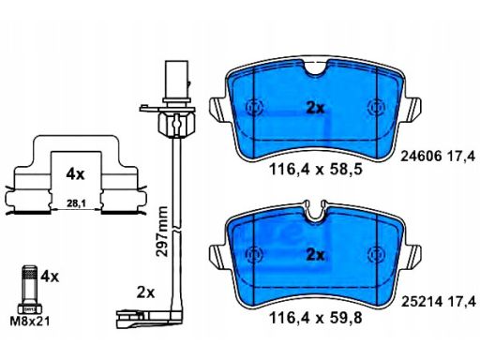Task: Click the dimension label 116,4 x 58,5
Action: [x=315, y=170]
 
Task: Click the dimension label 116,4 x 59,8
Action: [x=315, y=318]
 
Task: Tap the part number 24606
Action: [x=421, y=156]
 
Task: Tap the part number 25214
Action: [x=421, y=302]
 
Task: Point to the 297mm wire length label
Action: [x=162, y=232]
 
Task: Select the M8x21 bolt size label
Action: [x=30, y=322]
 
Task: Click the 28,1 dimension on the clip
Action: [x=76, y=203]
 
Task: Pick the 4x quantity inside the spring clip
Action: [x=75, y=174]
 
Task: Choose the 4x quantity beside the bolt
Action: [x=50, y=277]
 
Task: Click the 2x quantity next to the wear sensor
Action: [x=145, y=292]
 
